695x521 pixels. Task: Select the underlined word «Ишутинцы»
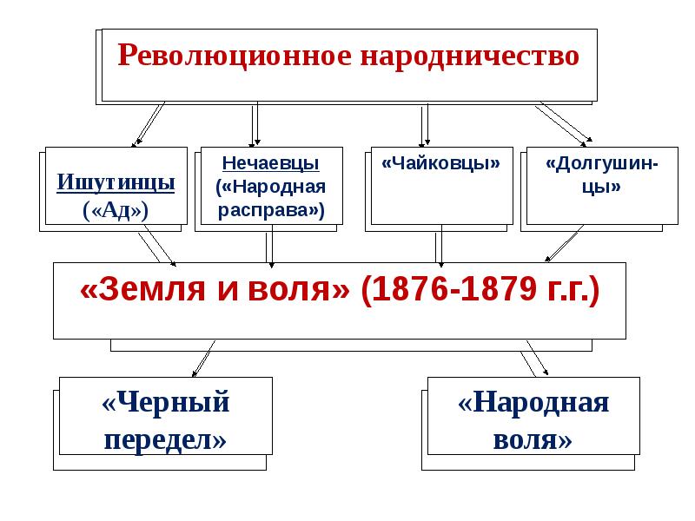click(x=116, y=183)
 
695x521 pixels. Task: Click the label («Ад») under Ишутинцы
click(x=116, y=210)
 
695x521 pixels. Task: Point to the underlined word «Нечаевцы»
click(x=270, y=163)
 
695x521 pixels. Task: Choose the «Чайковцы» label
click(x=440, y=163)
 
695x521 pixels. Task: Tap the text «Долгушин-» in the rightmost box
click(x=601, y=163)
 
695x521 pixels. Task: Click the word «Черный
click(x=166, y=404)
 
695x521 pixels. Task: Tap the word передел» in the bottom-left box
click(x=166, y=439)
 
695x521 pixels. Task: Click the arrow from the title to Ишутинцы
click(x=148, y=123)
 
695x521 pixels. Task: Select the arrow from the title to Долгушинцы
click(x=565, y=123)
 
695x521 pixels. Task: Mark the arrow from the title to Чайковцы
click(x=425, y=123)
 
